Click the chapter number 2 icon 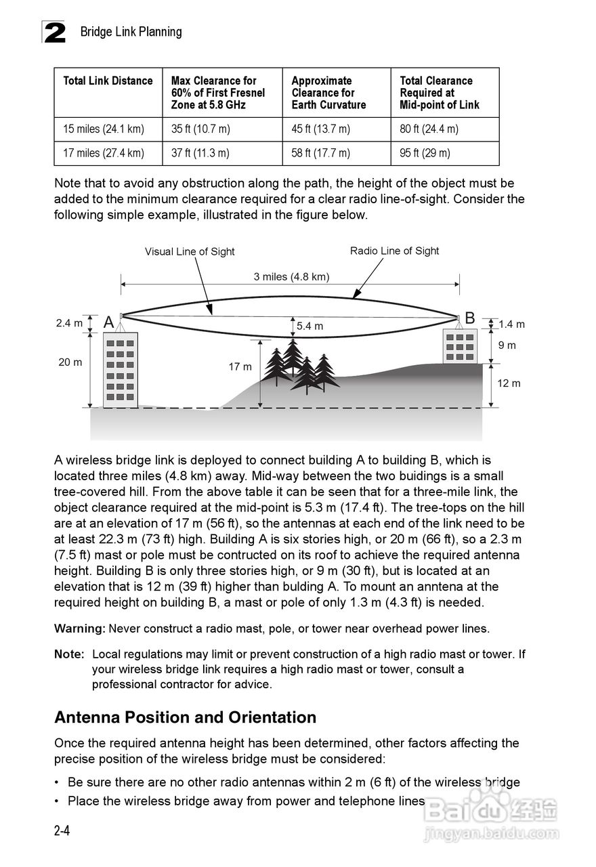pyautogui.click(x=54, y=32)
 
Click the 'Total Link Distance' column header pyautogui.click(x=108, y=81)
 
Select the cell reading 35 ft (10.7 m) pyautogui.click(x=200, y=129)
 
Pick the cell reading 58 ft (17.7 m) pyautogui.click(x=321, y=153)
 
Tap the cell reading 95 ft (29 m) pyautogui.click(x=425, y=153)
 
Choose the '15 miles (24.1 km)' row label pyautogui.click(x=104, y=129)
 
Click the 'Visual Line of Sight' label pyautogui.click(x=190, y=252)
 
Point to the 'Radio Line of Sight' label pyautogui.click(x=394, y=251)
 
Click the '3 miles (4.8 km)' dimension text pyautogui.click(x=291, y=276)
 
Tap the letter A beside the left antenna pyautogui.click(x=108, y=323)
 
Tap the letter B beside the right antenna pyautogui.click(x=470, y=318)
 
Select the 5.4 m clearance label pyautogui.click(x=310, y=326)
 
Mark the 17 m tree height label pyautogui.click(x=240, y=367)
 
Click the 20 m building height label pyautogui.click(x=70, y=362)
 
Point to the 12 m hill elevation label pyautogui.click(x=509, y=383)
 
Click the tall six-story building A pyautogui.click(x=120, y=369)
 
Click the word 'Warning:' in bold pyautogui.click(x=80, y=629)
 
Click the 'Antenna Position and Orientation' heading pyautogui.click(x=185, y=717)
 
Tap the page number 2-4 pyautogui.click(x=62, y=830)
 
